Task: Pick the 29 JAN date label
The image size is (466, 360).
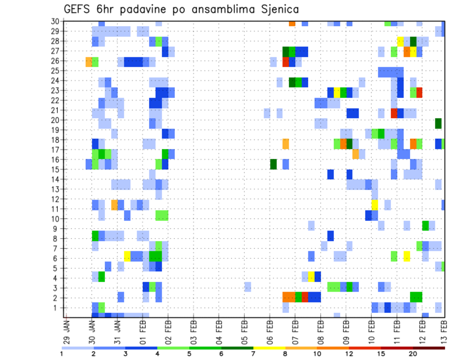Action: point(67,330)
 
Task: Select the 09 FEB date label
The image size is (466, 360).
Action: point(346,330)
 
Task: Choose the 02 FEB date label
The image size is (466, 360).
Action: point(168,330)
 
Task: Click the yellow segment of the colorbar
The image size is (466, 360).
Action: point(269,348)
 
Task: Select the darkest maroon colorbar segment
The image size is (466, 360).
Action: point(429,348)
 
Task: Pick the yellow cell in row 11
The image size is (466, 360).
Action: point(374,204)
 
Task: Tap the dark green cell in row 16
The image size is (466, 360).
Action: point(273,164)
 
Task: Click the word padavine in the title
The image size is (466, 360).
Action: point(139,9)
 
